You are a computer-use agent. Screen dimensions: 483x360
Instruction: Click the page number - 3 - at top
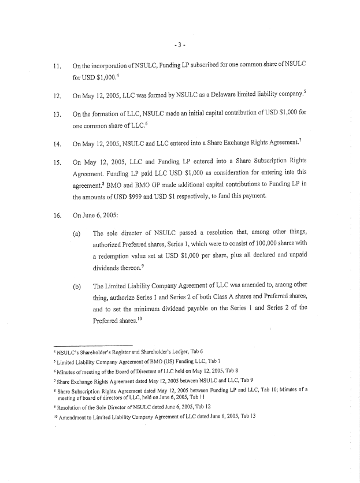179,43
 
